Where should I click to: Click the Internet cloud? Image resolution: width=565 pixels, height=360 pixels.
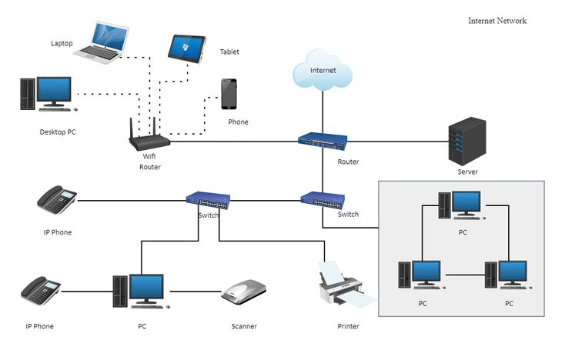[x=322, y=70]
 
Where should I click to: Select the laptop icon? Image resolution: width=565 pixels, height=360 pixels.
[x=102, y=43]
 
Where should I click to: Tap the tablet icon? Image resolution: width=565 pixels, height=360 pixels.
[x=186, y=48]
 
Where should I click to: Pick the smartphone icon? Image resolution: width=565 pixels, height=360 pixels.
[x=229, y=94]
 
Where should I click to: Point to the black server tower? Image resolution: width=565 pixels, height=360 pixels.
[x=467, y=141]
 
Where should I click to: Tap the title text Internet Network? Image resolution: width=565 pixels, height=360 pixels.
[x=497, y=21]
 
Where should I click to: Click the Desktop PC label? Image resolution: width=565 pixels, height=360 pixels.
[x=58, y=132]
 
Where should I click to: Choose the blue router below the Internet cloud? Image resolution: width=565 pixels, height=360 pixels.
[x=323, y=141]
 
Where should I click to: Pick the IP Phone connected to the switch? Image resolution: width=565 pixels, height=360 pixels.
[x=56, y=199]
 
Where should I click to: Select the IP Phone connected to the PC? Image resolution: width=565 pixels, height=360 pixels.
[x=40, y=291]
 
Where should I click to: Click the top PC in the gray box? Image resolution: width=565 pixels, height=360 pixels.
[x=462, y=205]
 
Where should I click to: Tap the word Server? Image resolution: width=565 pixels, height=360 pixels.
[x=467, y=172]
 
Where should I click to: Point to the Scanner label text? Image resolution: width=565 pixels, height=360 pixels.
[x=244, y=326]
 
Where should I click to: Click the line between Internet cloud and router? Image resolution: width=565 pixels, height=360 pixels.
[x=323, y=112]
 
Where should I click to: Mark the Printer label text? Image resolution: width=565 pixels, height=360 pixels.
[x=348, y=326]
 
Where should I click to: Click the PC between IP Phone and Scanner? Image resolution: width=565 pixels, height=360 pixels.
[x=142, y=292]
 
